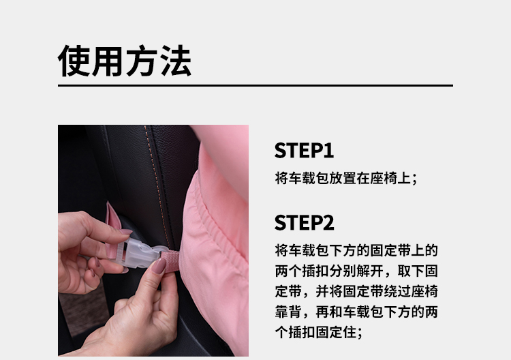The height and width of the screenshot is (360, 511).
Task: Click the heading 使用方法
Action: (x=125, y=61)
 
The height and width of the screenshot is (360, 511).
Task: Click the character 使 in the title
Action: (x=74, y=61)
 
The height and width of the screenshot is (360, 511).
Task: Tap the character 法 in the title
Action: (x=176, y=61)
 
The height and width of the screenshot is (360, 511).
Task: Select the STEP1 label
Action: (x=304, y=151)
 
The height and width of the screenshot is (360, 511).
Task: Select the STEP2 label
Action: (x=305, y=223)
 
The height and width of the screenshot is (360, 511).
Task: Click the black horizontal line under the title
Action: (x=255, y=85)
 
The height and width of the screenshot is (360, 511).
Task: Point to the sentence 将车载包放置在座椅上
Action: (x=345, y=179)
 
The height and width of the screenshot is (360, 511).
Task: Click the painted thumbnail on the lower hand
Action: (x=159, y=266)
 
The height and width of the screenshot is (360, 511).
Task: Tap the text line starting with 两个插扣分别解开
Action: (x=356, y=271)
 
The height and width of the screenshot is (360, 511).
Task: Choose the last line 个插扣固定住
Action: (x=318, y=333)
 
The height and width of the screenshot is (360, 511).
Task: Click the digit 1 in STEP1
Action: (x=329, y=151)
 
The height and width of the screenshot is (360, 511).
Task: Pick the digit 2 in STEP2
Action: (x=328, y=223)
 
